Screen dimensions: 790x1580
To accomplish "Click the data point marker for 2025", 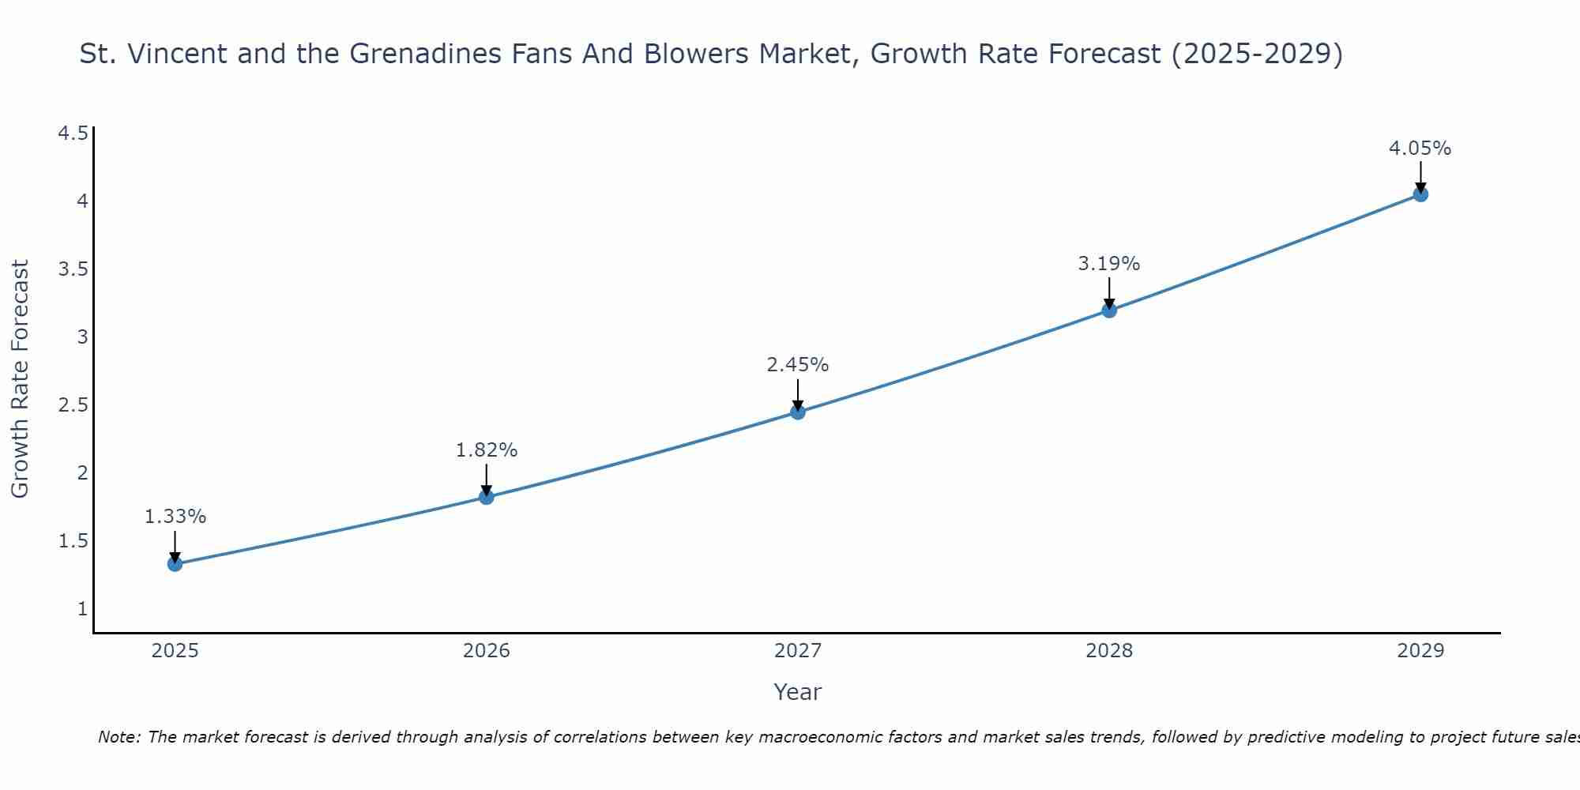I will coord(175,564).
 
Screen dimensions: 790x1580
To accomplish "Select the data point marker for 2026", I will coord(487,497).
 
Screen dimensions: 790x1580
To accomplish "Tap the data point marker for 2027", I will coord(798,412).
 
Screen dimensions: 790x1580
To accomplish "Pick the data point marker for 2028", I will coord(1109,310).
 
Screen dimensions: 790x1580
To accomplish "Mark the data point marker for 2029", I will coord(1420,194).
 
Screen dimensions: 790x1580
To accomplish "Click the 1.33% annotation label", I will coord(175,517).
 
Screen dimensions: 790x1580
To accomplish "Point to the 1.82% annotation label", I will coord(487,450).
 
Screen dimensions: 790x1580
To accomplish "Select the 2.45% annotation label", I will coord(798,365).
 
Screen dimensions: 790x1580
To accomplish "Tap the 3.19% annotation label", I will coord(1109,264).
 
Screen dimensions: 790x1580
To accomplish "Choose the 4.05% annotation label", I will coord(1420,149).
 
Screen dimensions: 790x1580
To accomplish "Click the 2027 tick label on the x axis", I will coord(798,651).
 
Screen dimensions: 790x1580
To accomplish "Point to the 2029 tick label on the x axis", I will coord(1420,651).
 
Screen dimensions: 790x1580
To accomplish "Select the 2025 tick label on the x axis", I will coord(175,651).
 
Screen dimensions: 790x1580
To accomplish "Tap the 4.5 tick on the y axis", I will coord(73,134).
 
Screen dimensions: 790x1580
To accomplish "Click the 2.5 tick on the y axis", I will coord(73,405).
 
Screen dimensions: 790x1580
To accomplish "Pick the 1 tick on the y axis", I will coord(82,609).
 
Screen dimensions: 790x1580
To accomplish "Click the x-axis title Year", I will coord(798,692).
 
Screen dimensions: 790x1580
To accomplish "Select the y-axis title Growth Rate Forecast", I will coord(21,379).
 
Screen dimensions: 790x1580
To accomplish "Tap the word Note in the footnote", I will coord(118,737).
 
